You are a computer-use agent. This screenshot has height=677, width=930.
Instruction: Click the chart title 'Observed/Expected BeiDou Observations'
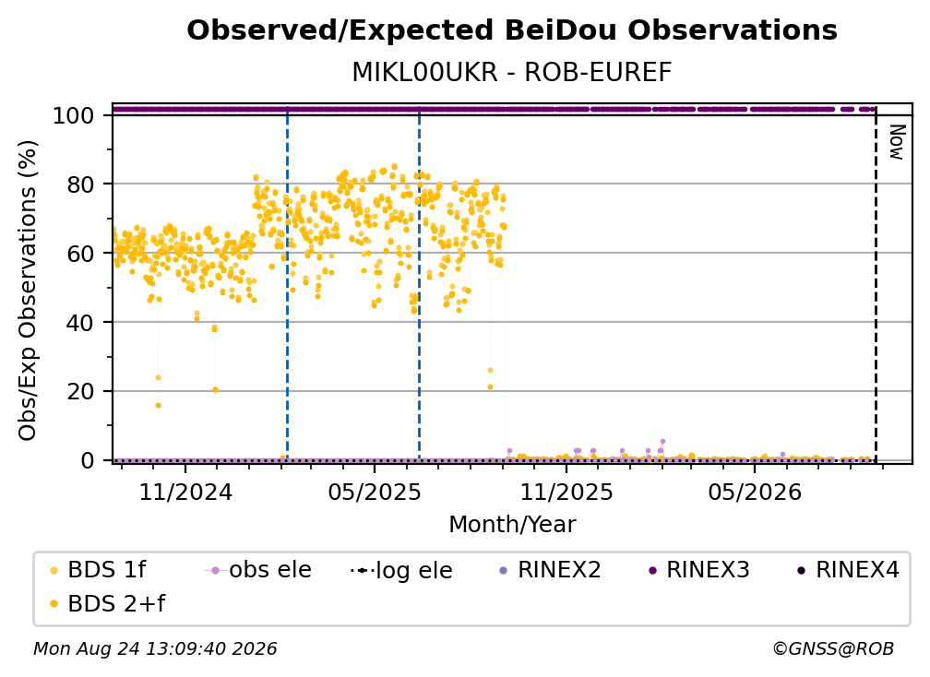pyautogui.click(x=512, y=30)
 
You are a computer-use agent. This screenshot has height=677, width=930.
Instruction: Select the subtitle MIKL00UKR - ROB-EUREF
pyautogui.click(x=512, y=72)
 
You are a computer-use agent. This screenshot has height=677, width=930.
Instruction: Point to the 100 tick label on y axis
pyautogui.click(x=74, y=115)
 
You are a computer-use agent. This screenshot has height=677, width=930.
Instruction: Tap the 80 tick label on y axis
pyautogui.click(x=80, y=184)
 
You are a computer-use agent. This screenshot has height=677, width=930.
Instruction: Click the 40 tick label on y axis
pyautogui.click(x=80, y=323)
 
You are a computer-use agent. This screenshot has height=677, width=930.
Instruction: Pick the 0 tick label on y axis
pyautogui.click(x=88, y=460)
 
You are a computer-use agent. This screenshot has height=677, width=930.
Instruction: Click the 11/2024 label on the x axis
pyautogui.click(x=185, y=492)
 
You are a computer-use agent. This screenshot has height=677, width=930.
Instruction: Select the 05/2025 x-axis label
pyautogui.click(x=375, y=492)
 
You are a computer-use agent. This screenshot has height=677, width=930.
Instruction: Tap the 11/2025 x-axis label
pyautogui.click(x=566, y=492)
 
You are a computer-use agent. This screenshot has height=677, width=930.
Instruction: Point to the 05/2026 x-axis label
pyautogui.click(x=755, y=492)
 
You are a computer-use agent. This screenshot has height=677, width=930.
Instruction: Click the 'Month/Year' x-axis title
pyautogui.click(x=512, y=525)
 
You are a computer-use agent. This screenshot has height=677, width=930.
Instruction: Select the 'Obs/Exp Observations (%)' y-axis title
pyautogui.click(x=28, y=291)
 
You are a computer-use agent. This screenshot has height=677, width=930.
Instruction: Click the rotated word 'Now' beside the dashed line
pyautogui.click(x=897, y=142)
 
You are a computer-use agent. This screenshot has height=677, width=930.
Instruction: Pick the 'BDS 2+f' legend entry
pyautogui.click(x=107, y=603)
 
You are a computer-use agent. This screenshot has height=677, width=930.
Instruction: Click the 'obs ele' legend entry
pyautogui.click(x=258, y=570)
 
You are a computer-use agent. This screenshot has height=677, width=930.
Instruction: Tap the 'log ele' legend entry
pyautogui.click(x=401, y=570)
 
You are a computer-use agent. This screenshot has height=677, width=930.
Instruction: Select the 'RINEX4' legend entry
pyautogui.click(x=848, y=570)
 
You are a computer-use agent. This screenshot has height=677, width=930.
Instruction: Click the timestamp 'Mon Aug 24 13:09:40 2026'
pyautogui.click(x=155, y=648)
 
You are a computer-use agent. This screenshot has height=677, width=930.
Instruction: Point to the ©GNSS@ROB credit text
pyautogui.click(x=833, y=648)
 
